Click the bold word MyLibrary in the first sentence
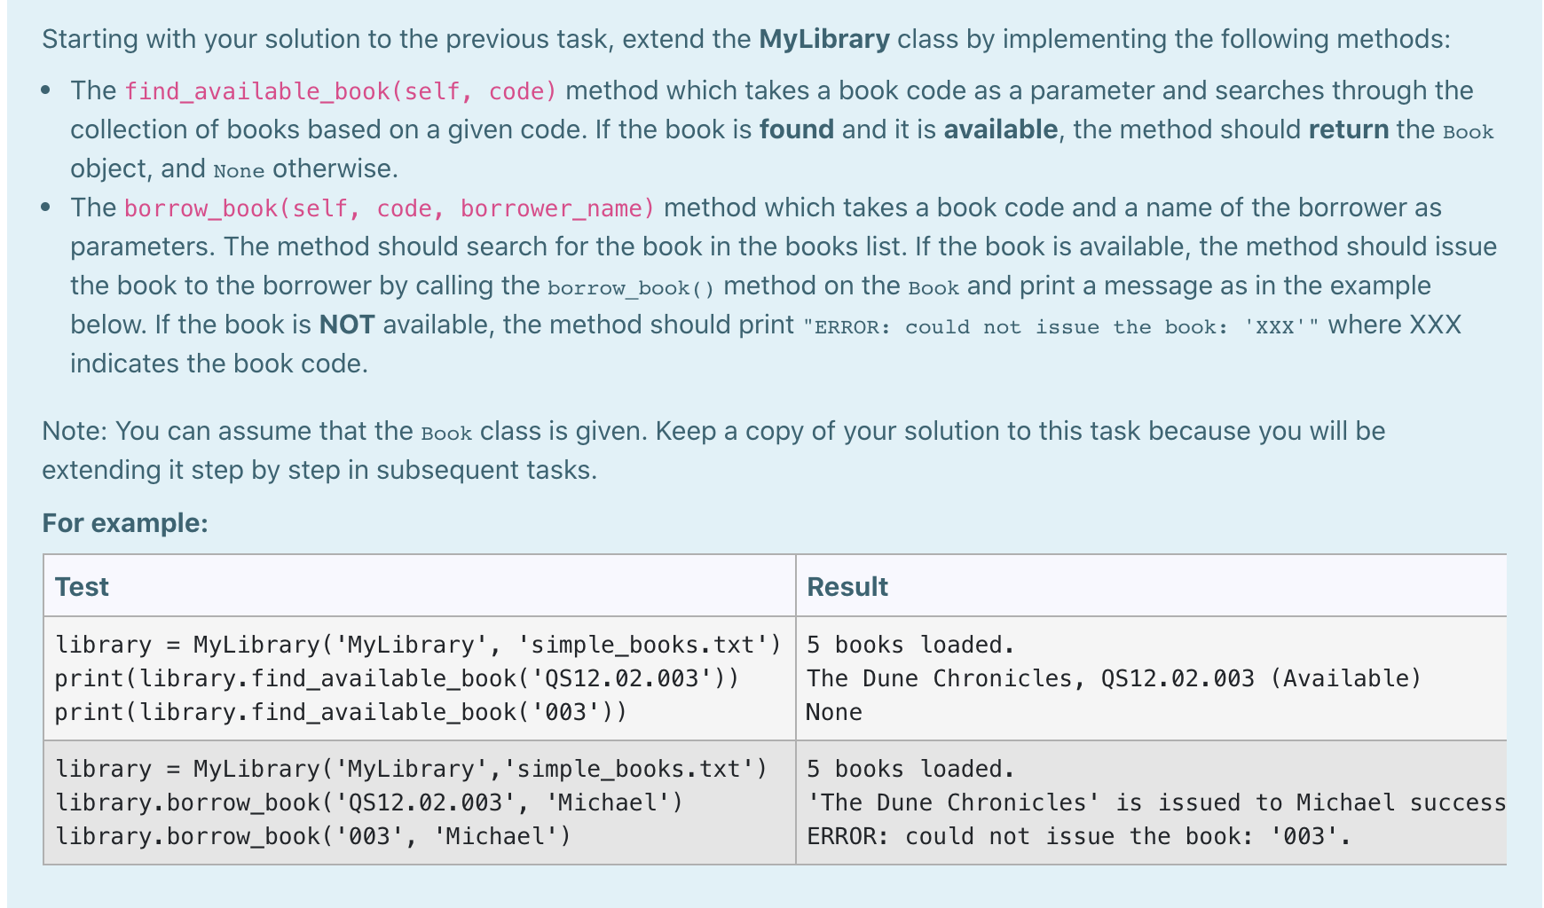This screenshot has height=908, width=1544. click(824, 40)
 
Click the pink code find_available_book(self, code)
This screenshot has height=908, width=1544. click(341, 91)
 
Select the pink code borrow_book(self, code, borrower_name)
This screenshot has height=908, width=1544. click(390, 208)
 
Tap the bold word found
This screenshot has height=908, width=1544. click(796, 130)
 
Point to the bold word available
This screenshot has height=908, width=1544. click(1000, 130)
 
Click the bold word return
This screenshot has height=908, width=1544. click(1348, 130)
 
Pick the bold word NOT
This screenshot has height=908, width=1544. click(347, 325)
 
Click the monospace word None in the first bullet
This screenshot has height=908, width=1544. click(239, 170)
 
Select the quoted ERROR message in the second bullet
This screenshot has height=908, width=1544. click(1060, 327)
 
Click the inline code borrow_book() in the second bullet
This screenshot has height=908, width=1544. click(630, 288)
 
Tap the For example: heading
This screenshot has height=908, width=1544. click(125, 523)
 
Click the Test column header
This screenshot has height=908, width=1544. click(82, 587)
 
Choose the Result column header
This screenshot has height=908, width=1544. click(847, 587)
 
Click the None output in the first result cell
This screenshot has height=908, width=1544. click(833, 713)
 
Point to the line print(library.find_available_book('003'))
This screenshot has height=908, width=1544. click(341, 713)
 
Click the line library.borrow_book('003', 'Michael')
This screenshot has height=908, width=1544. click(313, 837)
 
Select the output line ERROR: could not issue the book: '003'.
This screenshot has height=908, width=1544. click(1078, 837)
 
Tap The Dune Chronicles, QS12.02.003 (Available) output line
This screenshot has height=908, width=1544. click(1113, 679)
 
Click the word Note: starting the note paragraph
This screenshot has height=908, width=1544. click(75, 432)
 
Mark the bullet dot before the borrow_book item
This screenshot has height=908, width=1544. click(46, 207)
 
